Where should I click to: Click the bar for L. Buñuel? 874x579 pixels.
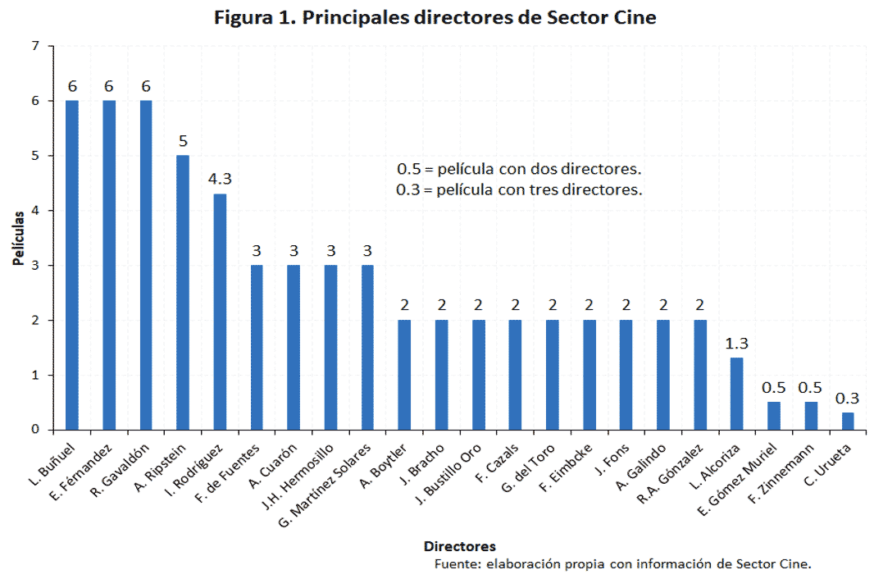pyautogui.click(x=72, y=265)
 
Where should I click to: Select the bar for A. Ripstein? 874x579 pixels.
pyautogui.click(x=183, y=293)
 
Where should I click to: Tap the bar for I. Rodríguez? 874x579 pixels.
pyautogui.click(x=220, y=312)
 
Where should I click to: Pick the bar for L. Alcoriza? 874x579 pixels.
pyautogui.click(x=736, y=394)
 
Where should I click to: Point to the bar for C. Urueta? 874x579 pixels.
pyautogui.click(x=848, y=421)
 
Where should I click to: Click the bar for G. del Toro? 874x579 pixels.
pyautogui.click(x=552, y=375)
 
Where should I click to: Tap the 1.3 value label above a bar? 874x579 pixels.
pyautogui.click(x=736, y=343)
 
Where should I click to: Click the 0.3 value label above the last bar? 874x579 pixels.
pyautogui.click(x=848, y=398)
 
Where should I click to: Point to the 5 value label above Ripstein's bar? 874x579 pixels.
pyautogui.click(x=183, y=140)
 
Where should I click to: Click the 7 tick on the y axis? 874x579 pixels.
pyautogui.click(x=35, y=47)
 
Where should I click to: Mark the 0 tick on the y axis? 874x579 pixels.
pyautogui.click(x=35, y=430)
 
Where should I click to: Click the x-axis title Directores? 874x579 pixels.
pyautogui.click(x=459, y=546)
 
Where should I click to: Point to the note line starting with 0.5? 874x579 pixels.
pyautogui.click(x=518, y=170)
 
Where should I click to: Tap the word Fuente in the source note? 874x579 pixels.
pyautogui.click(x=456, y=564)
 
